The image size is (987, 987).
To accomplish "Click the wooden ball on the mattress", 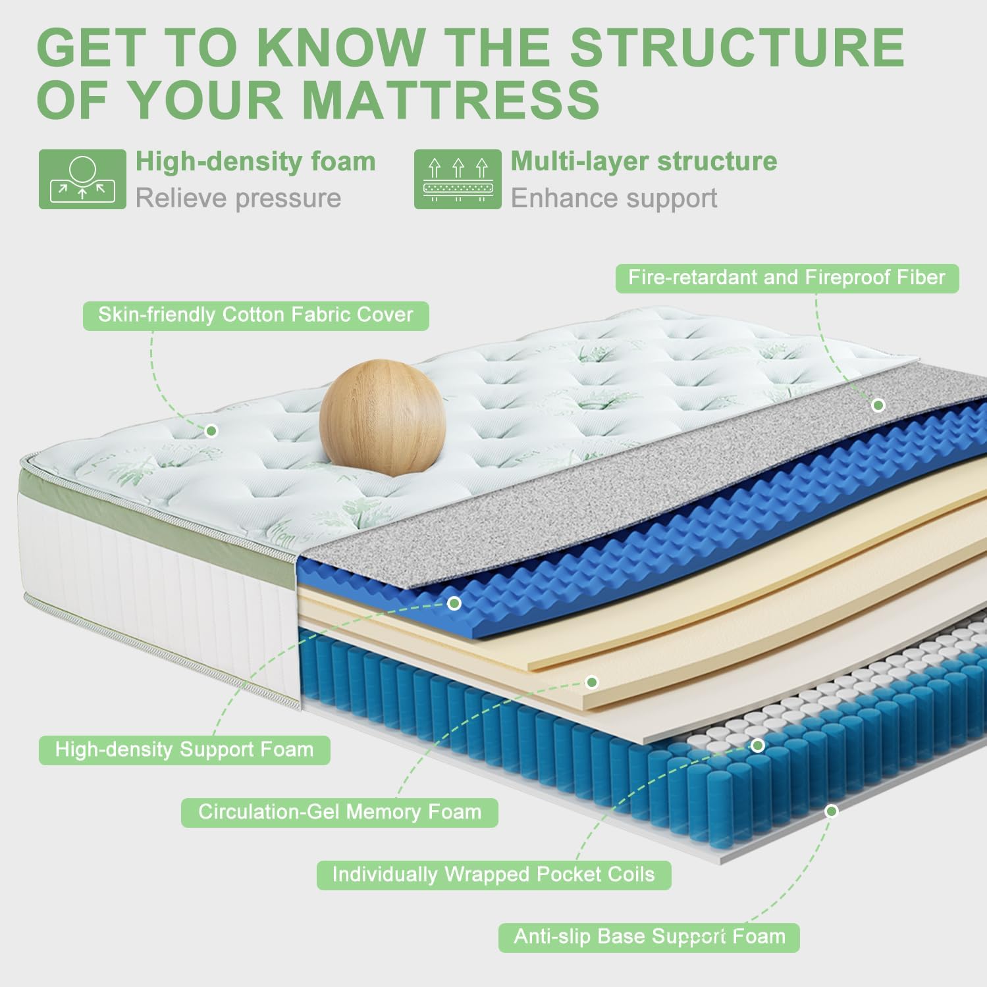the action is click(x=382, y=417).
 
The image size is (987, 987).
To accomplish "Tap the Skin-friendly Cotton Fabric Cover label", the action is click(x=255, y=315).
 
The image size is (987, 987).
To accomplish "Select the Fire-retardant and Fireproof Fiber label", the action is click(x=787, y=278).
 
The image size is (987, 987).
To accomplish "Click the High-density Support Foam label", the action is click(x=184, y=750).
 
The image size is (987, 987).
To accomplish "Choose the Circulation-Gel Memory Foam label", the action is click(x=340, y=813).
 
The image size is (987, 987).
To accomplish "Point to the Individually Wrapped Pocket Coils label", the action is click(x=494, y=875).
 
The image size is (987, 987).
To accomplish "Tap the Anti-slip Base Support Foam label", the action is click(x=649, y=937).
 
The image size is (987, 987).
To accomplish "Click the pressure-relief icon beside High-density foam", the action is click(x=82, y=179).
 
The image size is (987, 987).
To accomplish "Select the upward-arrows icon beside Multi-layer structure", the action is click(x=458, y=179).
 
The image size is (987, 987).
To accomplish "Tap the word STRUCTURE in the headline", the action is click(x=737, y=47).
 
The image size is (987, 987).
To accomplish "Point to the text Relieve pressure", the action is click(x=238, y=198).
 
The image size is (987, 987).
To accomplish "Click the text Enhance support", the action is click(x=614, y=198).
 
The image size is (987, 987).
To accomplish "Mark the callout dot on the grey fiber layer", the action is click(x=878, y=405).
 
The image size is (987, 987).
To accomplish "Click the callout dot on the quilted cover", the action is click(x=211, y=431).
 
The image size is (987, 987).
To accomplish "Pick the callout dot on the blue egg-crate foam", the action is click(x=454, y=603).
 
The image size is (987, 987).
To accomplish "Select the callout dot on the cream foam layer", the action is click(x=592, y=682).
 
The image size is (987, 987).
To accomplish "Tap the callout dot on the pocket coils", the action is click(x=758, y=746).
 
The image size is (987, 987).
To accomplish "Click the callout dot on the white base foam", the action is click(x=832, y=811).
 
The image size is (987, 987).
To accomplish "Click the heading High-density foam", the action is click(x=255, y=162).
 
